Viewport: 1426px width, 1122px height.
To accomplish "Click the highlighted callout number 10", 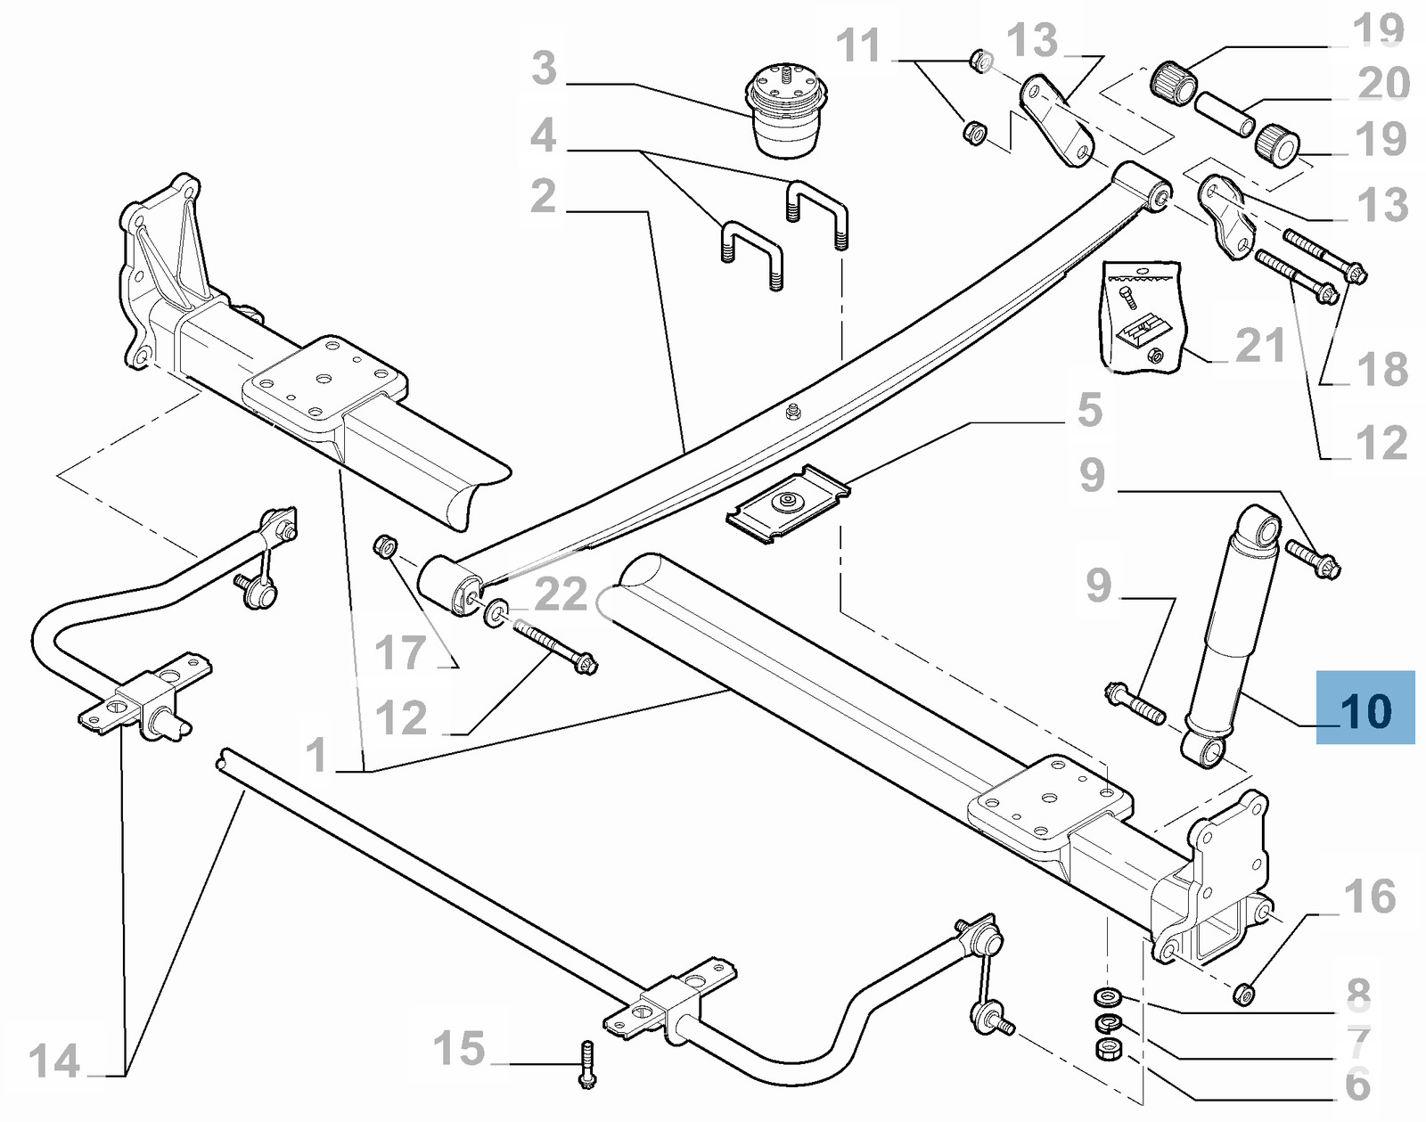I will click(1365, 710).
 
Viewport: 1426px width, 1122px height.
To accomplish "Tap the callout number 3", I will click(544, 69).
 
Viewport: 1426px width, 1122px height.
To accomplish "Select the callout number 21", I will click(1259, 346).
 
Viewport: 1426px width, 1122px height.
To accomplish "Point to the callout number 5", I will click(1090, 410).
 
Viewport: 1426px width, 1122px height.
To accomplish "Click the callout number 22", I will click(561, 594).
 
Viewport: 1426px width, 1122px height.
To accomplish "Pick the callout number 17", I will click(400, 653).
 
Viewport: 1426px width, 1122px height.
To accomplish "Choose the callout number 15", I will click(459, 1049).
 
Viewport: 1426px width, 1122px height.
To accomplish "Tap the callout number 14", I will click(54, 1061).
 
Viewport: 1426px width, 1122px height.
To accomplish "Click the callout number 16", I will click(1370, 897).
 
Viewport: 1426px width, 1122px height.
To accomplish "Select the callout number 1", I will click(316, 755).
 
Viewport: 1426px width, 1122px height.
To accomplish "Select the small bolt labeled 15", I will click(586, 1064).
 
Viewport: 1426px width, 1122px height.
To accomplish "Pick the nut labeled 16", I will click(1244, 992).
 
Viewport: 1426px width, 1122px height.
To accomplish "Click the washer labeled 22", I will click(496, 612).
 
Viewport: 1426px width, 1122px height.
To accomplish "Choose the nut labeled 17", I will click(385, 545).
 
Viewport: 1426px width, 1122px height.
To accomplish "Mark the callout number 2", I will click(543, 196).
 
